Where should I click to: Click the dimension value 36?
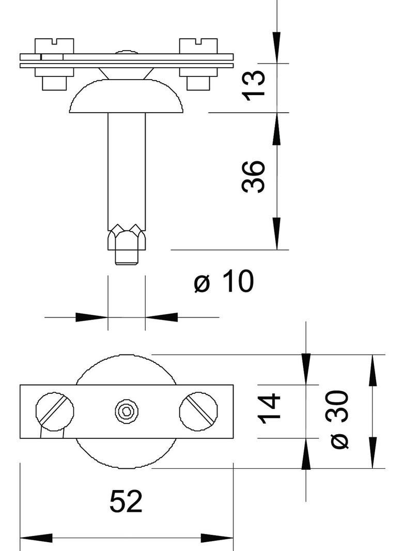pyautogui.click(x=254, y=177)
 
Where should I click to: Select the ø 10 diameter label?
pyautogui.click(x=224, y=282)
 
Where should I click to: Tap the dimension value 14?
pyautogui.click(x=270, y=408)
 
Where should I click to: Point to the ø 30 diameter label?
pyautogui.click(x=339, y=419)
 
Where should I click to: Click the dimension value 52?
pyautogui.click(x=126, y=501)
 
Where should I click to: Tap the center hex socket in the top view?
pyautogui.click(x=127, y=411)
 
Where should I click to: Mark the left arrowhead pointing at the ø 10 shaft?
pyautogui.click(x=92, y=317)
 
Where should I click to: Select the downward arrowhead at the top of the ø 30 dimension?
pyautogui.click(x=372, y=370)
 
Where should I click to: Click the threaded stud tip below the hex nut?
pyautogui.click(x=127, y=257)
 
